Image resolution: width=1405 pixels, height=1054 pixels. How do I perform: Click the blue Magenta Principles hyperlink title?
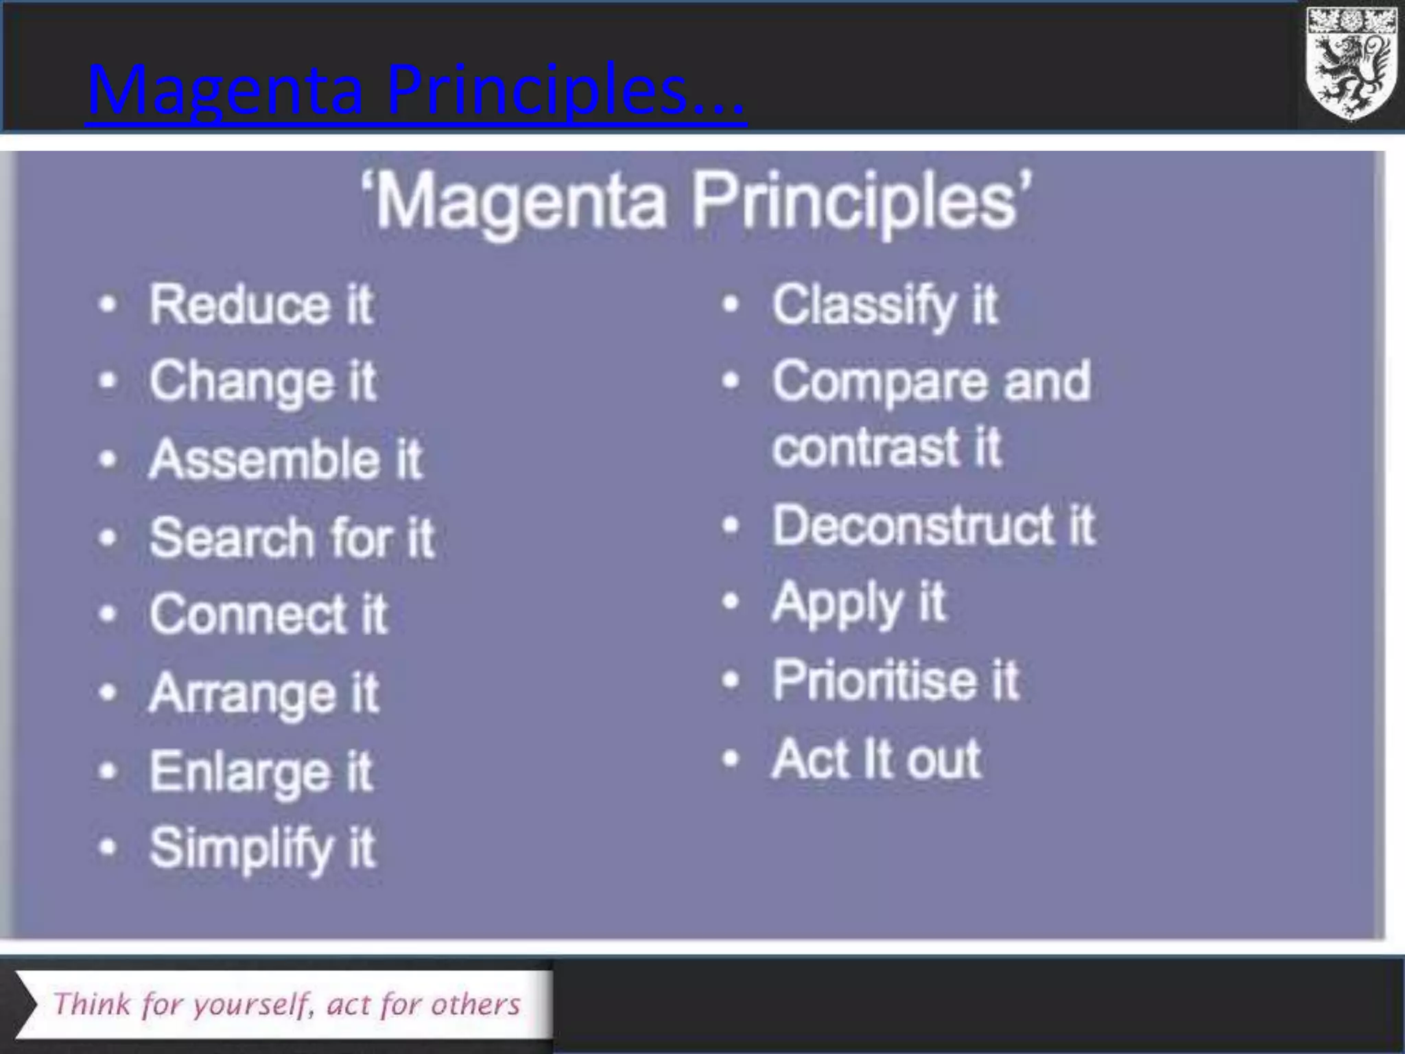[x=416, y=91]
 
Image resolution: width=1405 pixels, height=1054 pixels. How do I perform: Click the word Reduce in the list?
[x=239, y=305]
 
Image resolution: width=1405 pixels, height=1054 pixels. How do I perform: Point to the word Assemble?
[x=263, y=459]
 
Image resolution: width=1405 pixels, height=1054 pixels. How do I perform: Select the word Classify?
[x=864, y=305]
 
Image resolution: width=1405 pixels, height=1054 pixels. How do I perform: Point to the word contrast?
[x=864, y=447]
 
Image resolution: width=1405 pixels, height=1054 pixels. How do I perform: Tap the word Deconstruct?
[x=912, y=526]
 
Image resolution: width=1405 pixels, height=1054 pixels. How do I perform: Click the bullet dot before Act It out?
[x=731, y=759]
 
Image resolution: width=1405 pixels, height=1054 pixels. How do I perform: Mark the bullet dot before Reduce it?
[x=108, y=304]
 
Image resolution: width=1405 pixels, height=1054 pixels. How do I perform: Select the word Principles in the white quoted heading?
[x=861, y=201]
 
